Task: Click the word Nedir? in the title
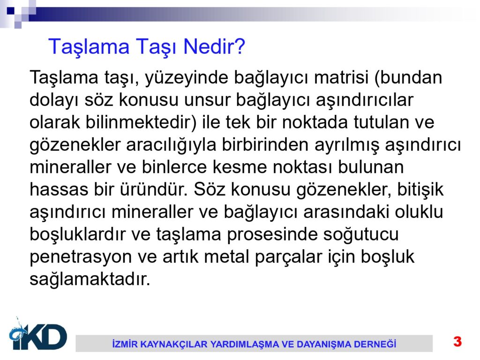[214, 47]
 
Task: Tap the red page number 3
[457, 341]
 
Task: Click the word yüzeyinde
[187, 78]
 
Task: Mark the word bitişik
[420, 189]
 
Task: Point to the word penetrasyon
[81, 257]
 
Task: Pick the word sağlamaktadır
[90, 280]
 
